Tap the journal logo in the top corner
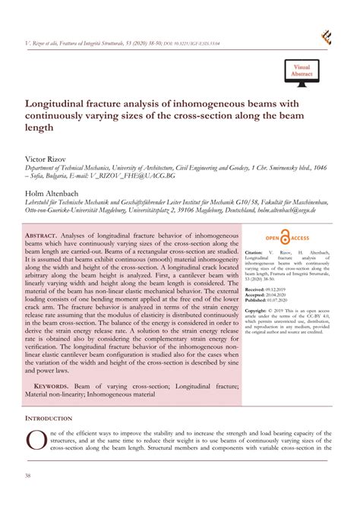pyautogui.click(x=327, y=36)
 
